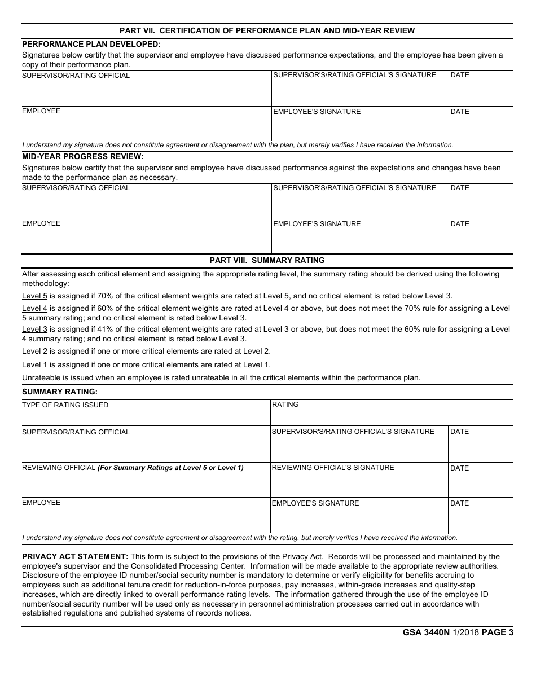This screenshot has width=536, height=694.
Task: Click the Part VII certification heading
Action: [267, 30]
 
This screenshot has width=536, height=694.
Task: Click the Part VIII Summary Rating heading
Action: [267, 260]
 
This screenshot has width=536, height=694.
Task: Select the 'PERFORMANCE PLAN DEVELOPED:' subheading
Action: [91, 44]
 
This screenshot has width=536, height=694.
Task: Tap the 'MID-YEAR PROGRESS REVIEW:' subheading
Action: [82, 156]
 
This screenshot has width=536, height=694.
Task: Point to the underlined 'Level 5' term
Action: [34, 296]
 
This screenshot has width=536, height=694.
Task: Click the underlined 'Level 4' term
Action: [34, 308]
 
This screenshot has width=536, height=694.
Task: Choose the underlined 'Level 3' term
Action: [34, 329]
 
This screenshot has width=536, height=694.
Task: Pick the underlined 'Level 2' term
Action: [34, 351]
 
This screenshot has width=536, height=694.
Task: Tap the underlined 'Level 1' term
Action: [34, 364]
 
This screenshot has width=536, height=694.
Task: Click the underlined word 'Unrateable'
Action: [41, 377]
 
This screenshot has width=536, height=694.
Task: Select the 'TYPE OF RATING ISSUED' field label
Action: [65, 405]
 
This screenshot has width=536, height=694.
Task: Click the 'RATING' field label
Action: [285, 405]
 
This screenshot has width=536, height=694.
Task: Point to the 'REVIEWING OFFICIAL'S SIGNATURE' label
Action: [333, 468]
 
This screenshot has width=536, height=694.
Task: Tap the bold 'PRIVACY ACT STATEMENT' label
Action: [74, 556]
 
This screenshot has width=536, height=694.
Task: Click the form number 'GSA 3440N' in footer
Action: [426, 632]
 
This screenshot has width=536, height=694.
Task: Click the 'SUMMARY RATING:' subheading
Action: [59, 392]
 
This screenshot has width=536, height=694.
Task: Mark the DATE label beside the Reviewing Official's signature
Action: [460, 468]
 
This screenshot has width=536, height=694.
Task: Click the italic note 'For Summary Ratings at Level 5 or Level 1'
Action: [170, 468]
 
